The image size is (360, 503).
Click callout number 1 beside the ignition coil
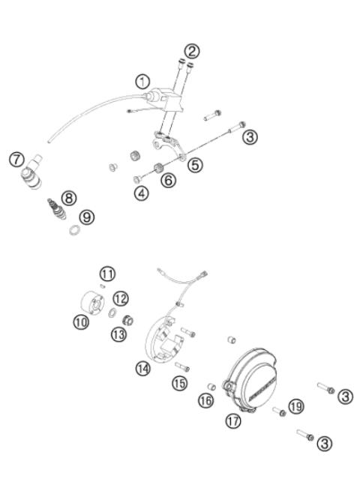click(142, 79)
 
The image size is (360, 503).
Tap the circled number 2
click(193, 51)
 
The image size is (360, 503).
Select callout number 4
click(142, 193)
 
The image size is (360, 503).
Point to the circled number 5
click(195, 166)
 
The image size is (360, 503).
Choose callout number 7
click(16, 159)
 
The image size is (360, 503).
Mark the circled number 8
click(69, 198)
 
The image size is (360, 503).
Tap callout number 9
click(88, 217)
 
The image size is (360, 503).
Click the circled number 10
click(80, 321)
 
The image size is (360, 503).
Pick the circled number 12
click(121, 298)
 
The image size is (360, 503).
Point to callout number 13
click(118, 334)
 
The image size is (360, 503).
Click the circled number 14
click(142, 367)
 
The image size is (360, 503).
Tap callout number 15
click(178, 383)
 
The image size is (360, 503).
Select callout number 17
click(233, 421)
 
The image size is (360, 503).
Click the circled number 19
click(296, 406)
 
